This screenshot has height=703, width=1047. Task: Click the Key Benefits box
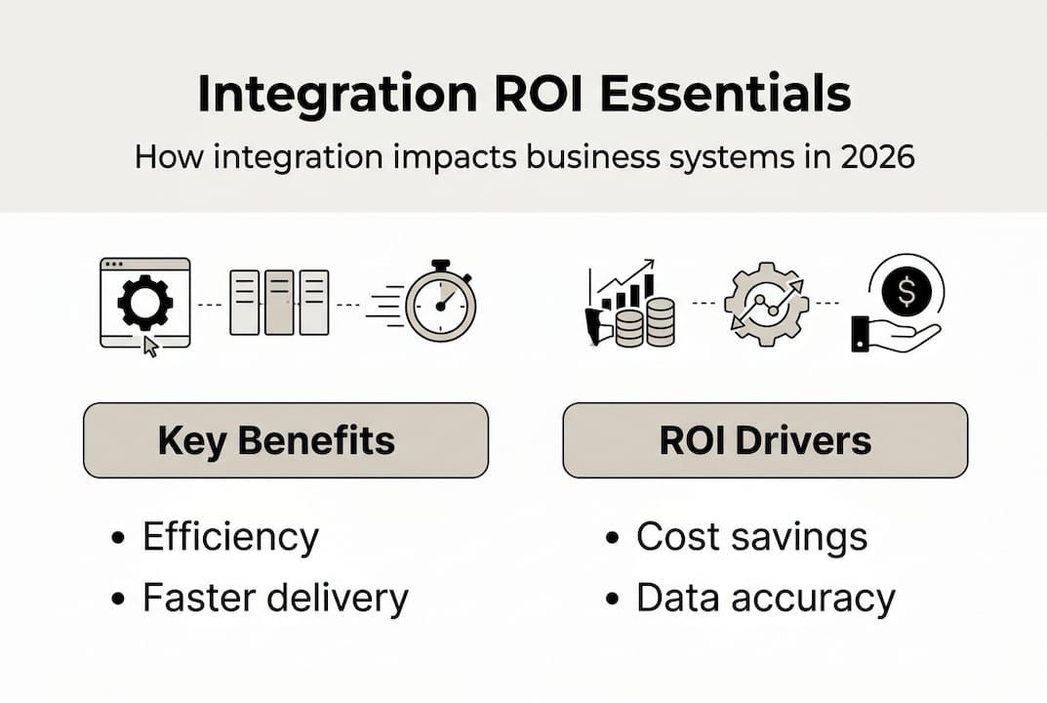coord(285,440)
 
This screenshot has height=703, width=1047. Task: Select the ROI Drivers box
coord(765,440)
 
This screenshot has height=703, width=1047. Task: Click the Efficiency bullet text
coord(230,537)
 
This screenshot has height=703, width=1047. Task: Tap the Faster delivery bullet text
coord(275,598)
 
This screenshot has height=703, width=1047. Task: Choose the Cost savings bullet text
coord(751,537)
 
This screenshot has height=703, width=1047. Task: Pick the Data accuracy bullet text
coord(765,598)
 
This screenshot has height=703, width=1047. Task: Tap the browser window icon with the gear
coord(145,303)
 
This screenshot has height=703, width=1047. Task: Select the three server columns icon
coord(279,303)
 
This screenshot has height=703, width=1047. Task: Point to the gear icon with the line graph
coord(766,303)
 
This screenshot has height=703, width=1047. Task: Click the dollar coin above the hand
coord(907,289)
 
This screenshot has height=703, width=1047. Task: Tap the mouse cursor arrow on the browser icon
coord(150,346)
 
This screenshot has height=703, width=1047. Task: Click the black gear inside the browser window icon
coord(144,303)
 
